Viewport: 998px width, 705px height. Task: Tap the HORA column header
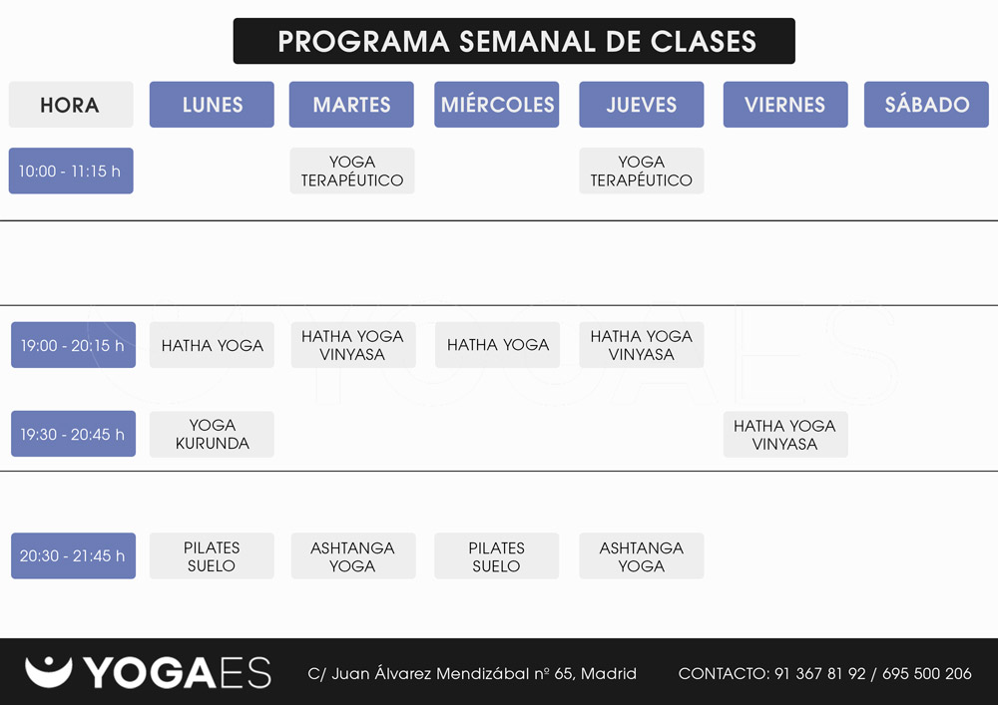[71, 105]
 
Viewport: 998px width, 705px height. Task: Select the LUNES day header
[212, 105]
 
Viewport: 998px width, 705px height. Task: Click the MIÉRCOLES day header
[496, 105]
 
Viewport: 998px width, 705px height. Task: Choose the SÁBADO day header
[926, 105]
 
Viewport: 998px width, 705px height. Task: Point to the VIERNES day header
[785, 105]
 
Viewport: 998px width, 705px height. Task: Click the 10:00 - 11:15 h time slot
[71, 171]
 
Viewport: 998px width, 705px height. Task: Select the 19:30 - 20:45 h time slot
[73, 434]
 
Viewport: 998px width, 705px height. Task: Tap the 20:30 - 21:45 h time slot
[73, 555]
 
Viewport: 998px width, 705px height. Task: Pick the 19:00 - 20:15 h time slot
[73, 345]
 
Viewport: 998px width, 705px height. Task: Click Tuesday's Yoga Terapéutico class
[352, 171]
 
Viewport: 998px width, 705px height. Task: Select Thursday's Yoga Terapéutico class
[642, 171]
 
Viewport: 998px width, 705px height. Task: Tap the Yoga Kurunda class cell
[212, 434]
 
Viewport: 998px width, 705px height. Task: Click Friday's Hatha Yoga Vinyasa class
[785, 434]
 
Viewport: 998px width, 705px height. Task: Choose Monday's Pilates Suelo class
[212, 555]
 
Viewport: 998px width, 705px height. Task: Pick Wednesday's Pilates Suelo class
[496, 555]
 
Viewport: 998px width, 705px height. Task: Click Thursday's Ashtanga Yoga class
[642, 555]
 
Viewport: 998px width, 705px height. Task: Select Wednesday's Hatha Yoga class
[498, 345]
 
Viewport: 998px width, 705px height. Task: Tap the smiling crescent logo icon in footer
[48, 671]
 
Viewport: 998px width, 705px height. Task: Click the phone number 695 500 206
[927, 673]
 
